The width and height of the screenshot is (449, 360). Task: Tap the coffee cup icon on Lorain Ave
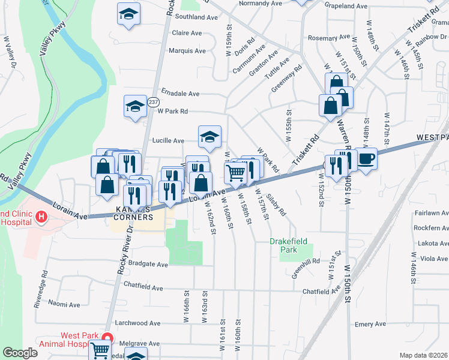(366, 158)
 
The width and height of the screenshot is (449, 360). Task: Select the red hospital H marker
(41, 216)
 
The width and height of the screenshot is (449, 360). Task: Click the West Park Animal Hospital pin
(107, 338)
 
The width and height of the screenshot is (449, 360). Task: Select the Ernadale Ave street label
(179, 94)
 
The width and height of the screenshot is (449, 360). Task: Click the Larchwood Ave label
(139, 323)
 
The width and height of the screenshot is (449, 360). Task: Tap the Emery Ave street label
(370, 325)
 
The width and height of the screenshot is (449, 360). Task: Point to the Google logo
(20, 353)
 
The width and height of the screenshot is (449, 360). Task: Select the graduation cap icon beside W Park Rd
(136, 107)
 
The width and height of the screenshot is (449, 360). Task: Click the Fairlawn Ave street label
(432, 213)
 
